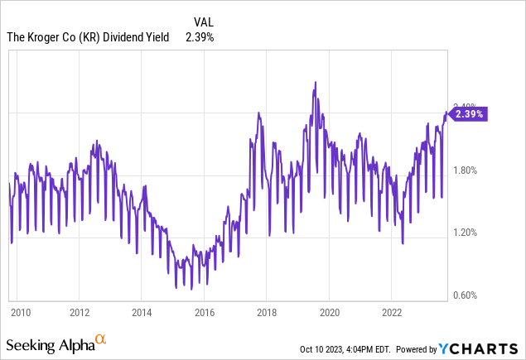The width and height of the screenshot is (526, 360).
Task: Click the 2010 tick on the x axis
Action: [x=20, y=313]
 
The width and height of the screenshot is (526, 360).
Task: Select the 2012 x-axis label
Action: [x=80, y=313]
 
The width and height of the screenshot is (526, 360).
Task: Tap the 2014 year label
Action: [x=141, y=313]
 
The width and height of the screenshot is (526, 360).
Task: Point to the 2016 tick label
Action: [x=204, y=313]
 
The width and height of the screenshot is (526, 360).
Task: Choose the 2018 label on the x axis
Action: [x=267, y=313]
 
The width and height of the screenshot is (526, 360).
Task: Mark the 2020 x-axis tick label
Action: [x=329, y=313]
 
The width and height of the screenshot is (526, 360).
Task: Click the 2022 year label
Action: [x=392, y=313]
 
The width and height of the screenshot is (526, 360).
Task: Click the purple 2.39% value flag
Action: [x=468, y=114]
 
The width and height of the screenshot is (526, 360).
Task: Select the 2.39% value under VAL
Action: [x=200, y=36]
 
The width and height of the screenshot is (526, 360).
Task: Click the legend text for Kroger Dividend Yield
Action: [x=87, y=36]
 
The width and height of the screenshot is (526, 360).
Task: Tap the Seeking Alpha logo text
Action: [x=49, y=343]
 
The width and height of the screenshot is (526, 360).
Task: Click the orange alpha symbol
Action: [x=100, y=339]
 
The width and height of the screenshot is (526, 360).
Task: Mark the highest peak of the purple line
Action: [x=316, y=82]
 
